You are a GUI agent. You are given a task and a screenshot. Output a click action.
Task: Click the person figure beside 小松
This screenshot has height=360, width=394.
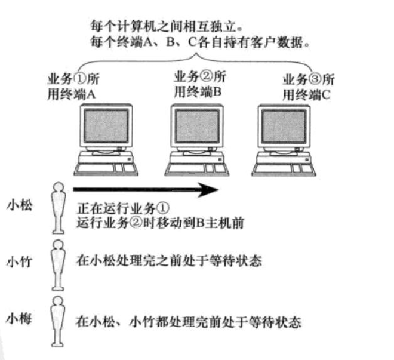pos(57,208)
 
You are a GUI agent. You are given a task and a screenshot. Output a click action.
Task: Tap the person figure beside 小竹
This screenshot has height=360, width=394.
pos(57,263)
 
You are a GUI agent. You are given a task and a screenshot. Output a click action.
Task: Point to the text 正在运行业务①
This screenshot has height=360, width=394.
pos(124,210)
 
